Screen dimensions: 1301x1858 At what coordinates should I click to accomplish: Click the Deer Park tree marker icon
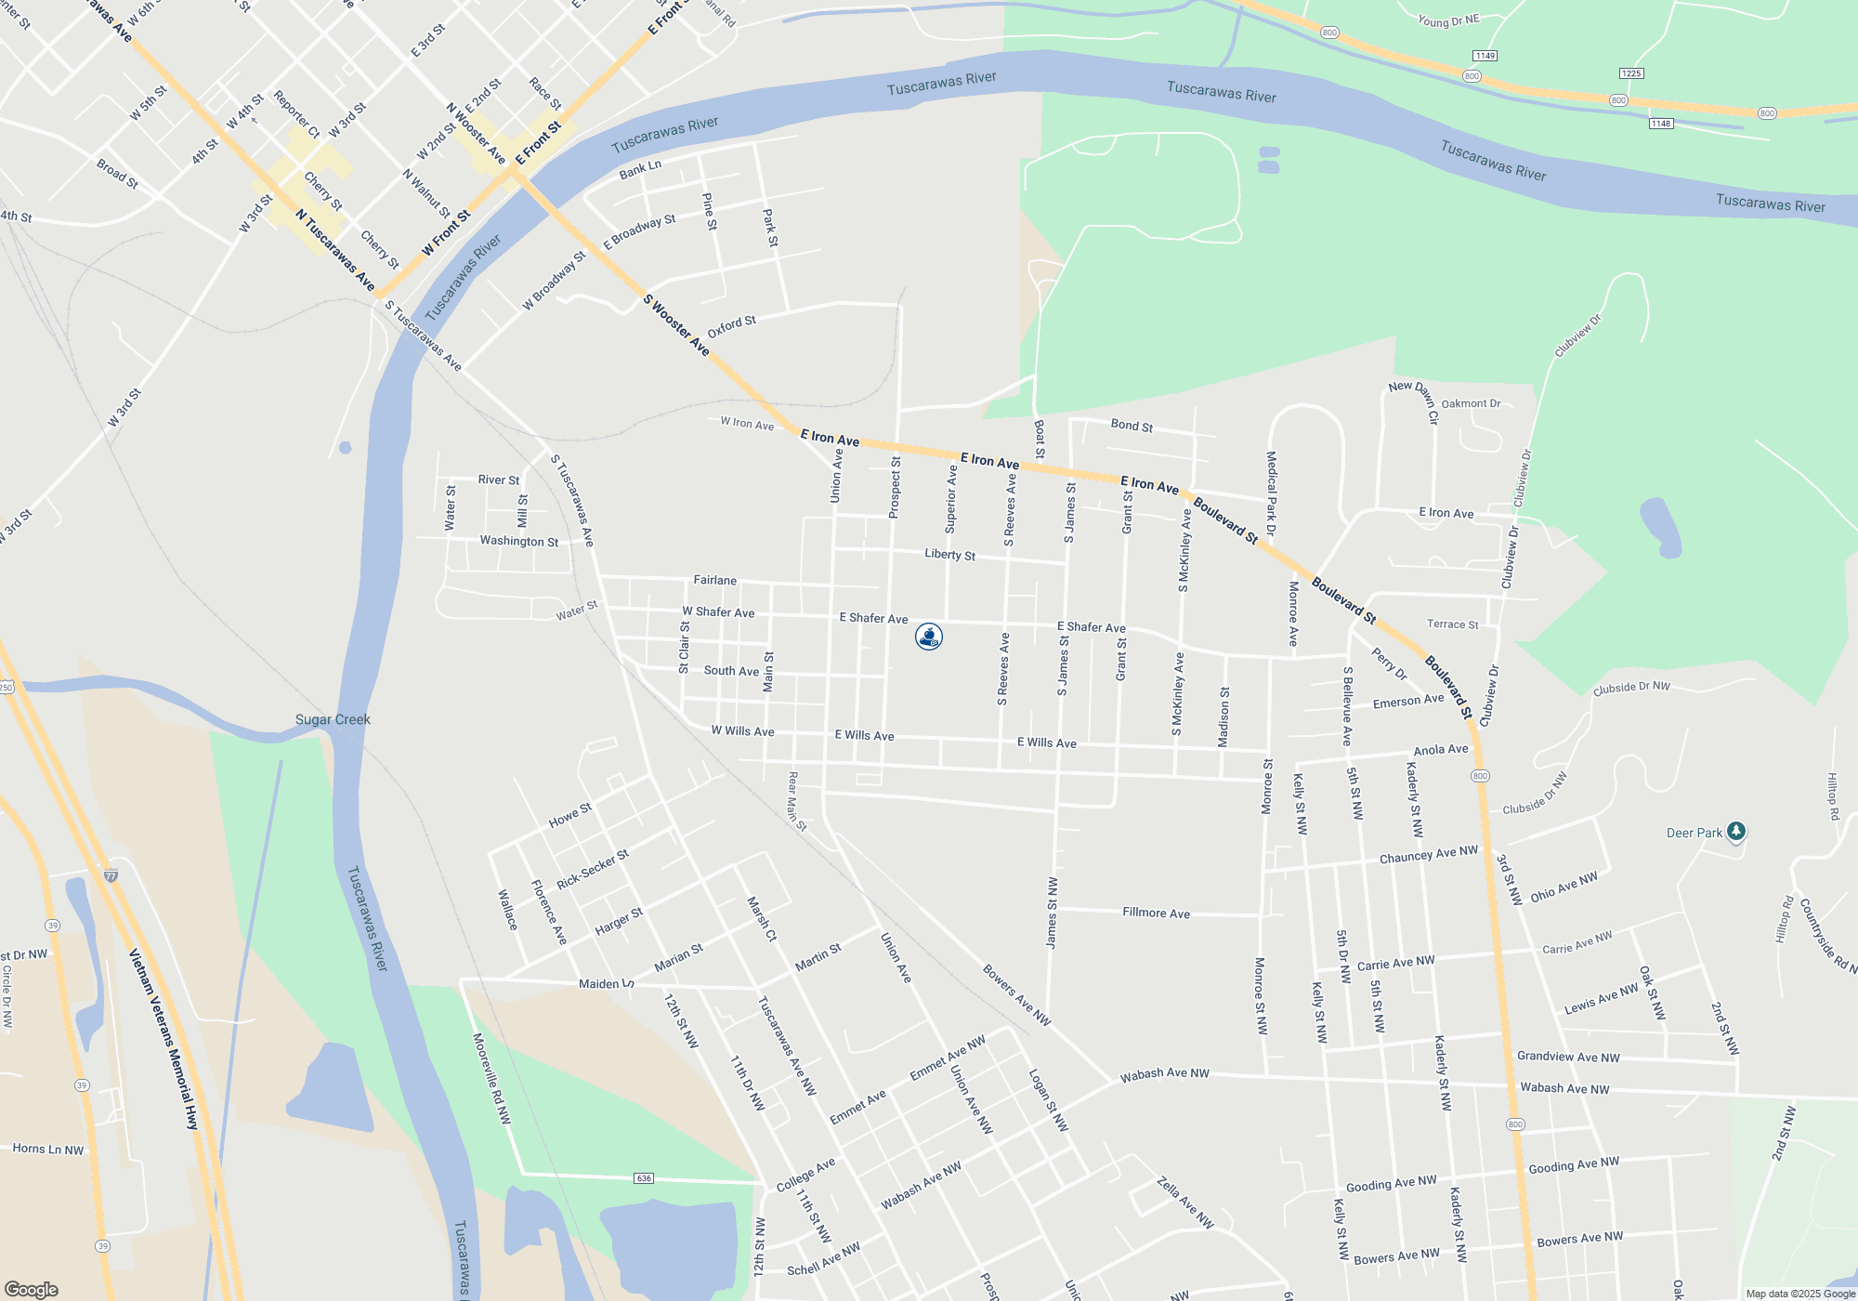1736,832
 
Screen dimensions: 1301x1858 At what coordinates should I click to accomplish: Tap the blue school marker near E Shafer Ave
929,637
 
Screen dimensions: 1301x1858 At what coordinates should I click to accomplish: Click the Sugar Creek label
333,719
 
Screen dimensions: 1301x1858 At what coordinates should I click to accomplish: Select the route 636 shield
644,1178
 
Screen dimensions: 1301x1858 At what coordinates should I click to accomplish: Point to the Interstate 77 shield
111,875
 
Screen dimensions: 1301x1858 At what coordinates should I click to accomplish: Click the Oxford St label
731,326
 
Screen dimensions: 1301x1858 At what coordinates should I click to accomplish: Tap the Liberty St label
949,555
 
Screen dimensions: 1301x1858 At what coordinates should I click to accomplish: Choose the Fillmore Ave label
1156,913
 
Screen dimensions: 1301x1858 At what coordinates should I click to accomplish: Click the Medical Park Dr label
1271,493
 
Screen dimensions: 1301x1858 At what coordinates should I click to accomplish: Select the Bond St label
1132,426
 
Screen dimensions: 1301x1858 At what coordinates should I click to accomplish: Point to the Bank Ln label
640,169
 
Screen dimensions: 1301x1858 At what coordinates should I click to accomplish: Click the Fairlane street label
714,580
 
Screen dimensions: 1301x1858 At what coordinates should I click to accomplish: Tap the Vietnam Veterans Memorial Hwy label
164,1038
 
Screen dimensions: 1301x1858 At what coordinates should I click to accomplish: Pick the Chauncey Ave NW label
1428,855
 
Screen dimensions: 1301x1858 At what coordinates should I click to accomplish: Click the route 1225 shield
1630,73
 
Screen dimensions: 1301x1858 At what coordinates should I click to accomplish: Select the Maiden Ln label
606,983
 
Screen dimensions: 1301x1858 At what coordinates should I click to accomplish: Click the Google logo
31,1290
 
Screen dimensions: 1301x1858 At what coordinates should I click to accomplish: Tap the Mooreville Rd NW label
491,1078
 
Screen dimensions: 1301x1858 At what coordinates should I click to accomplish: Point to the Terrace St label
1452,624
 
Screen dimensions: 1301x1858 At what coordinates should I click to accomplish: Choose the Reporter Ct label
296,114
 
